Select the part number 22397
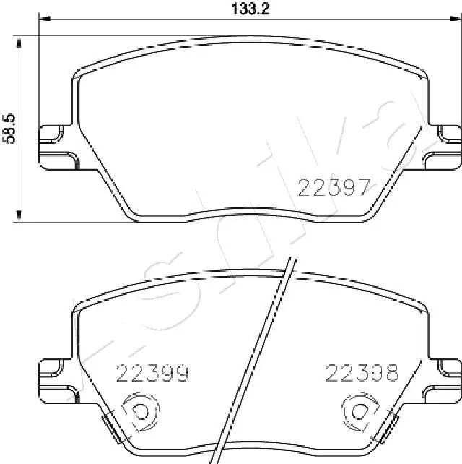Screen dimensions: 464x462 334,187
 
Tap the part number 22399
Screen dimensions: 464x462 153,373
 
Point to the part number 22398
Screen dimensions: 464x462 362,373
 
